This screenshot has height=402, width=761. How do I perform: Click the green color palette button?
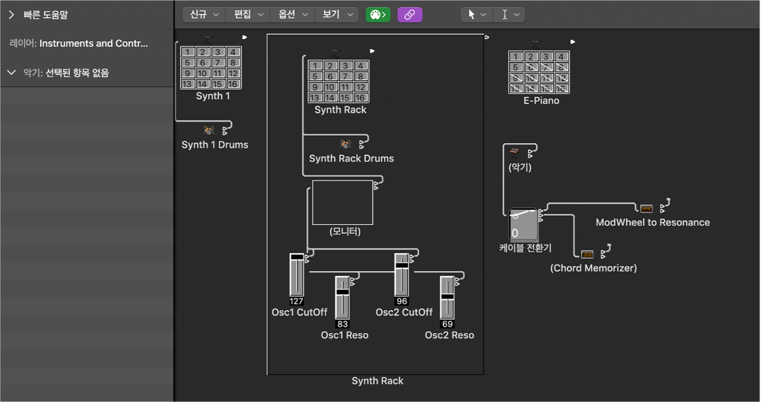378,15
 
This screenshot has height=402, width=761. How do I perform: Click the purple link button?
410,15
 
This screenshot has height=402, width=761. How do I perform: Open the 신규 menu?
204,15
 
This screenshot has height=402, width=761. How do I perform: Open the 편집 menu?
248,15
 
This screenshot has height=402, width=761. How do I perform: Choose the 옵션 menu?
293,15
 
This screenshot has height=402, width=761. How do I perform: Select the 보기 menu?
337,15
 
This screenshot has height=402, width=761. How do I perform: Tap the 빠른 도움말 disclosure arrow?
11,15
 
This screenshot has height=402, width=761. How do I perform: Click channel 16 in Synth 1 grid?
232,83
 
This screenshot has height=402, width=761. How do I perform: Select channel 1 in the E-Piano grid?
515,57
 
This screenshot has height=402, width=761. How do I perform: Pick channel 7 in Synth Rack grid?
345,76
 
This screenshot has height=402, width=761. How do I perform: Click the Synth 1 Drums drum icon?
209,130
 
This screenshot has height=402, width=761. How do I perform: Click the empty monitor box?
343,202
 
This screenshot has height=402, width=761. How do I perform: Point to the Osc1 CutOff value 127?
296,301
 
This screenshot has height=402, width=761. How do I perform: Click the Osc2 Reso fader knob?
447,296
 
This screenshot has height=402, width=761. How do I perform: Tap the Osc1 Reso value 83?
343,324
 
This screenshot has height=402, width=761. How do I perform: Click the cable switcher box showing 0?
523,224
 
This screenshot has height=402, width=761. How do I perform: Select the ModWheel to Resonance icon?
646,208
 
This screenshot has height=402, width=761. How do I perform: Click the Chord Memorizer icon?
587,254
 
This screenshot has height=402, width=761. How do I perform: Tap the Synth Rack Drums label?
351,159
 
